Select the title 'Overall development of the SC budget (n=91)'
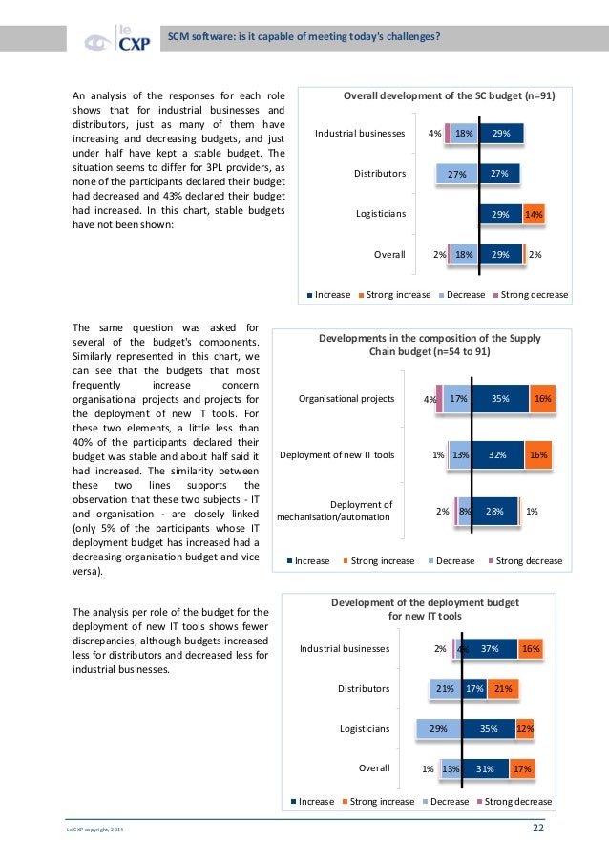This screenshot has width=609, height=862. [449, 96]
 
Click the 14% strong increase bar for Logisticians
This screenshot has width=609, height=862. [533, 215]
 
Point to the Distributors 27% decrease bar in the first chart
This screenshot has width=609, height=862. [456, 175]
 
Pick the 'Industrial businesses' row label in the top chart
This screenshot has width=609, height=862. [360, 135]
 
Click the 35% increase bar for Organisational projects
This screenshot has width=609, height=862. [498, 399]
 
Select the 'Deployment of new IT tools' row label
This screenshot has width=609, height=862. [336, 455]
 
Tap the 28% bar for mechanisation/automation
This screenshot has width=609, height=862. [493, 512]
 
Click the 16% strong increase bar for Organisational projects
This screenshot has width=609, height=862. [541, 399]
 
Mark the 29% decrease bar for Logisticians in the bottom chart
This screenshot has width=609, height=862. [438, 729]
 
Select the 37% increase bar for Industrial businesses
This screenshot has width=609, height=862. [490, 649]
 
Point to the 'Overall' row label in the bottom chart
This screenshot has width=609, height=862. [373, 768]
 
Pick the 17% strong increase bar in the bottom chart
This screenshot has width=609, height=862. [521, 768]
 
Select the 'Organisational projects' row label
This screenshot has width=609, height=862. [346, 399]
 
